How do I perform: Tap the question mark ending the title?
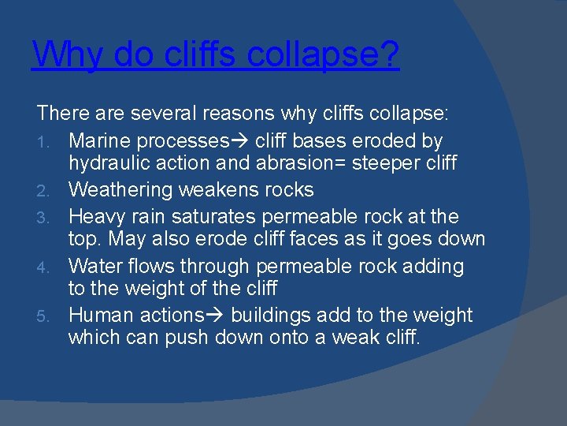pos(390,54)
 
